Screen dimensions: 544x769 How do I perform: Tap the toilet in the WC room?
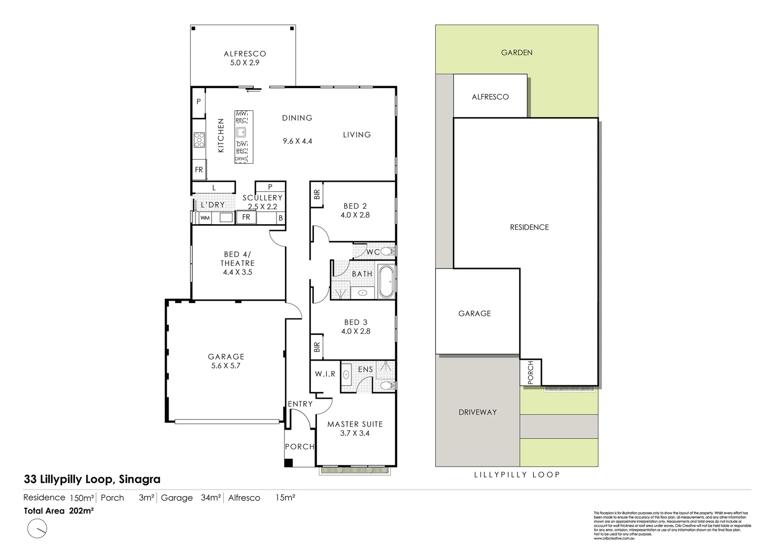pyautogui.click(x=387, y=251)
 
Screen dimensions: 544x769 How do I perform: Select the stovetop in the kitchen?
pyautogui.click(x=199, y=140)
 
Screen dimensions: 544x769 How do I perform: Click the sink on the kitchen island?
pyautogui.click(x=242, y=132)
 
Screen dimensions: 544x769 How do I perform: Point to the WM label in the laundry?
pyautogui.click(x=205, y=218)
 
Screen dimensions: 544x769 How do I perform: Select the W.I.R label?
pyautogui.click(x=325, y=374)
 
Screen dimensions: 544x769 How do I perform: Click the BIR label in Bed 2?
pyautogui.click(x=317, y=194)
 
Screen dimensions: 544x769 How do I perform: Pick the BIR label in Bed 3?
pyautogui.click(x=317, y=347)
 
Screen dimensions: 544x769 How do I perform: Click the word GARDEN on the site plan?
pyautogui.click(x=517, y=52)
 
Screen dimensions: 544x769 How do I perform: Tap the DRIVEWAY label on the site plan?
pyautogui.click(x=477, y=412)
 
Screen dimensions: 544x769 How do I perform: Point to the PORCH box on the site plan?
pyautogui.click(x=530, y=373)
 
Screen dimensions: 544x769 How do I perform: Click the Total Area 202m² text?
pyautogui.click(x=59, y=510)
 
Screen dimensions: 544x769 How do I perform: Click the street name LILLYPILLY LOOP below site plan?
pyautogui.click(x=517, y=474)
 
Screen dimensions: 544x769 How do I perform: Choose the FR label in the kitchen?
pyautogui.click(x=199, y=170)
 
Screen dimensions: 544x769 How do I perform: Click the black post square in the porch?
pyautogui.click(x=288, y=463)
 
